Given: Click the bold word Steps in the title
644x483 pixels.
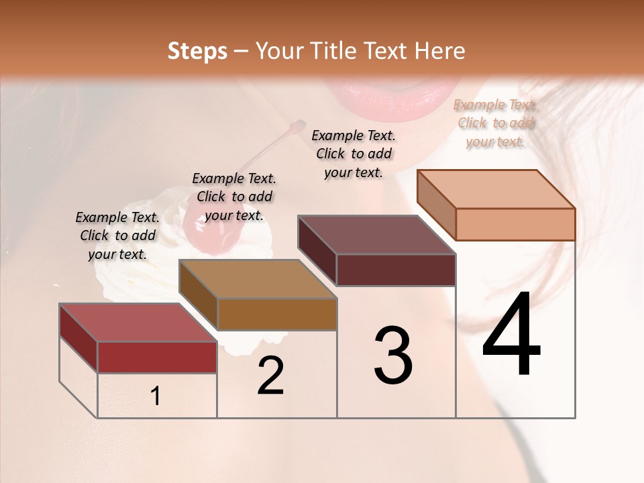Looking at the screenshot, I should pos(197,51).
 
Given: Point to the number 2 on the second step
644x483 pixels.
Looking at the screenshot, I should pos(270,376).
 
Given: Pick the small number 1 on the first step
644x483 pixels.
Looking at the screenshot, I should pos(156,396).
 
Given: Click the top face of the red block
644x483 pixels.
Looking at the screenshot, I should pos(138,323).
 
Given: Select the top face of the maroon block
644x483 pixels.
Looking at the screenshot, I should pos(376,235).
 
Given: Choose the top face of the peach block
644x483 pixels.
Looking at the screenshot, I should pos(496,189).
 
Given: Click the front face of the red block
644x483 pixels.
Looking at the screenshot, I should pos(157,357).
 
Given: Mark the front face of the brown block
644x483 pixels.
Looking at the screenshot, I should pos(277,314).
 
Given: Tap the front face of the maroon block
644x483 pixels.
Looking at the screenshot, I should pos(396,270).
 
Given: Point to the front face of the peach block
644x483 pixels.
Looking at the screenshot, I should pos(515,224).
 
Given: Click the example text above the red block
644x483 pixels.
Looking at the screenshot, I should pos(117,235).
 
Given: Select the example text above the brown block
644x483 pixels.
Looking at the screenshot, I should pos(234,197).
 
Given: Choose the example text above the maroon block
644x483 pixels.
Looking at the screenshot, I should pos(354,154).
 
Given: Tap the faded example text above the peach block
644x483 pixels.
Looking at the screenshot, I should pos(496,123).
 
